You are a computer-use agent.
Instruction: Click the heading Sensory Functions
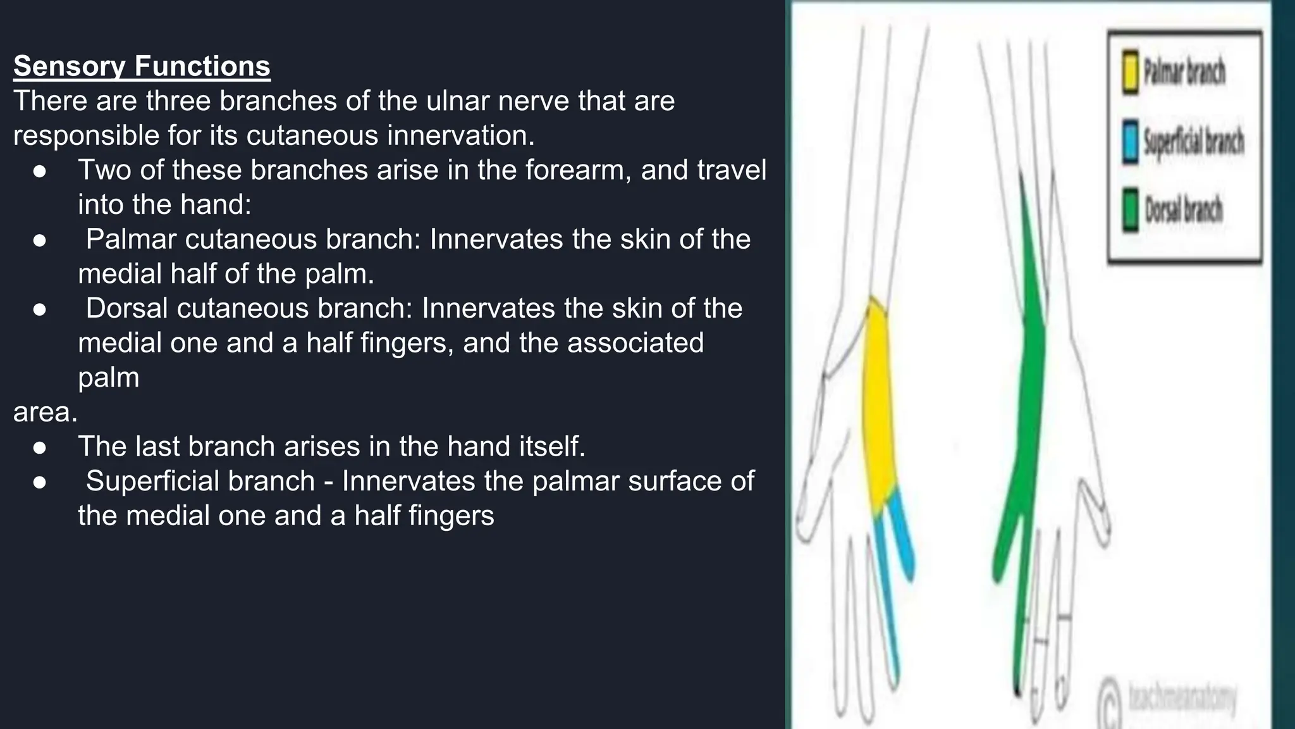pos(142,66)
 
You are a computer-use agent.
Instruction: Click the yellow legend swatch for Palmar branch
pos(1131,72)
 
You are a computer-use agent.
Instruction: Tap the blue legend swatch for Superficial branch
pos(1131,141)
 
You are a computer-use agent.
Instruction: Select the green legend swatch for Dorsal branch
pos(1131,209)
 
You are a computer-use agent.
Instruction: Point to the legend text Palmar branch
pos(1184,71)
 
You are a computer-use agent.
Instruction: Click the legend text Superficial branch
pos(1193,140)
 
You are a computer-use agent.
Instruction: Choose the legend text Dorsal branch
pos(1184,209)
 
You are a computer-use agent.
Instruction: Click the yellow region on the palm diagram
pos(879,405)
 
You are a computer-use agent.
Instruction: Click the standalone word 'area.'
pos(45,413)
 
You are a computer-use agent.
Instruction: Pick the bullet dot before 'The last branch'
pos(40,447)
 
